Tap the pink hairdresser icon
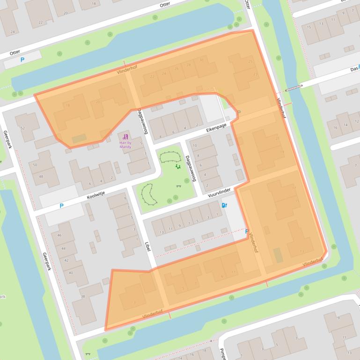point(125,137)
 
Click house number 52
point(22,128)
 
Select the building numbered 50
point(35,165)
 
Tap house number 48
point(41,176)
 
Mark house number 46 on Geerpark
point(59,236)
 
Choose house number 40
point(71,273)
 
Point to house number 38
point(83,296)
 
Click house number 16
point(335,127)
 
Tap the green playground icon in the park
point(177,166)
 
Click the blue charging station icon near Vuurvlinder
point(224,205)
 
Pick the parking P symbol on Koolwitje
point(61,205)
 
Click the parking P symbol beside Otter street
point(22,60)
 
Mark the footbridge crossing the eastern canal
point(293,87)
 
